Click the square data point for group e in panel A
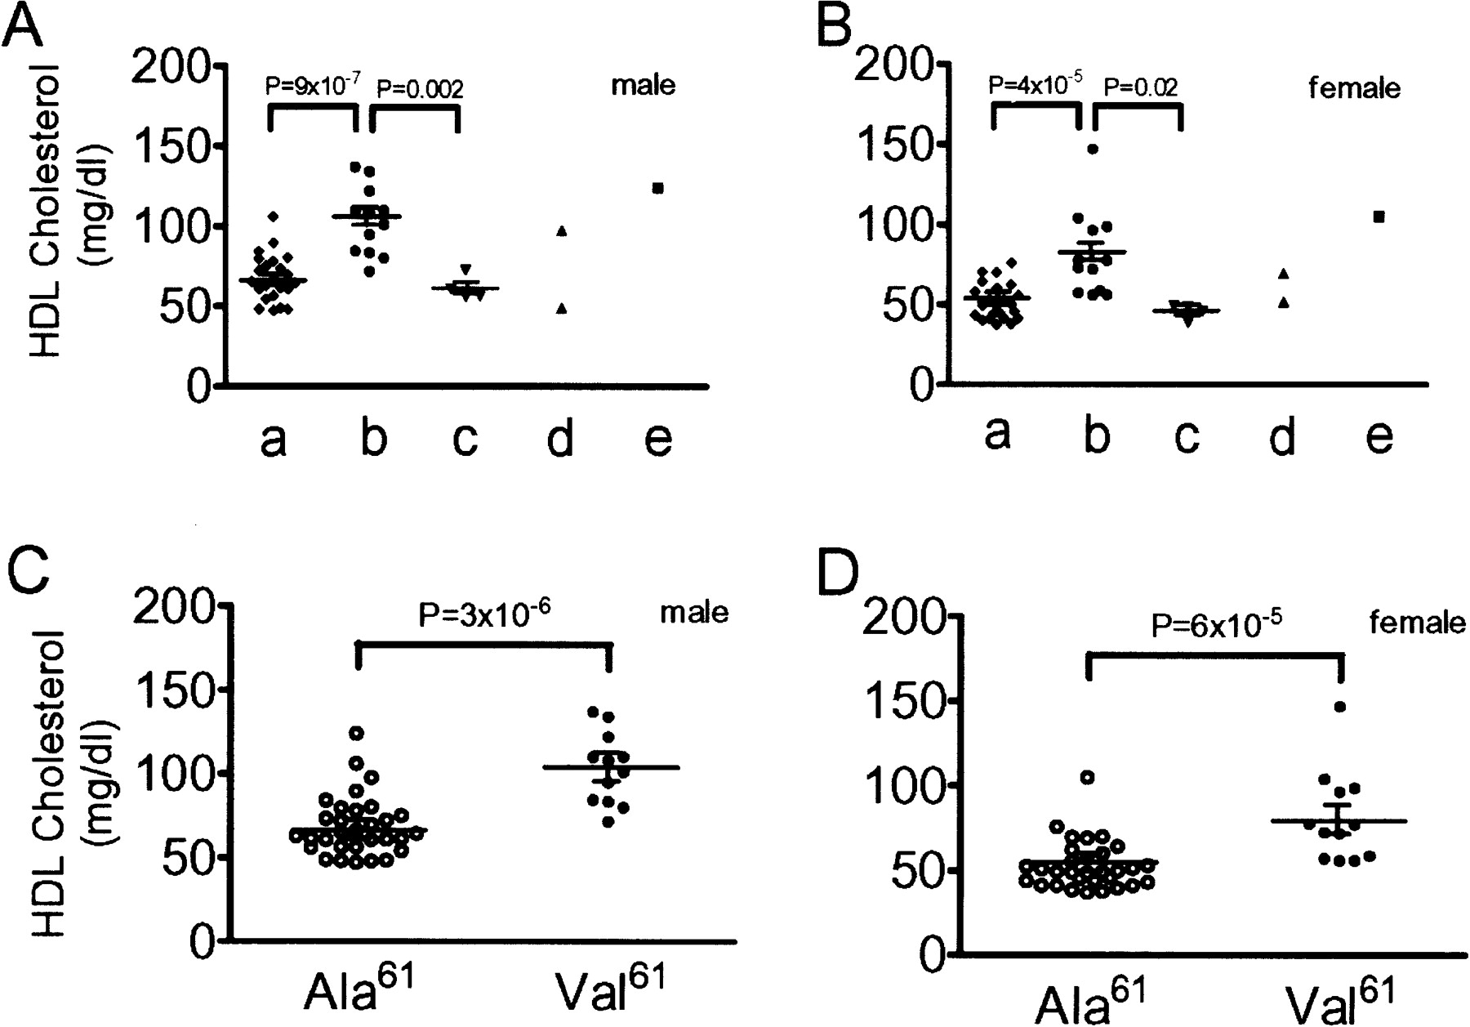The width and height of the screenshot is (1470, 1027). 657,188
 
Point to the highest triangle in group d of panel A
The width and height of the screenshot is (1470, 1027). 561,231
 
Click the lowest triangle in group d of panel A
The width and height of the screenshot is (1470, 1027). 561,308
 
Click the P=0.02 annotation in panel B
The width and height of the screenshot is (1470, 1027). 1141,87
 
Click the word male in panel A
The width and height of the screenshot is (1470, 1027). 644,85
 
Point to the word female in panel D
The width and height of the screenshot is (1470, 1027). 1417,624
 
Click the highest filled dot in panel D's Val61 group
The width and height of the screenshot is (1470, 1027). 1340,707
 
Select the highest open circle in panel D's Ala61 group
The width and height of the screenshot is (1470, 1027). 1087,777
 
